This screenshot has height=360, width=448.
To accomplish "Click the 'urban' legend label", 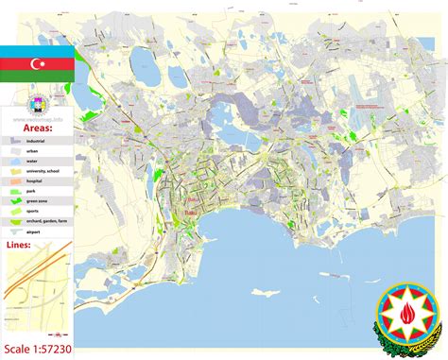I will pyautogui.click(x=33, y=151).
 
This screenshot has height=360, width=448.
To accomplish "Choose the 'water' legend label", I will pyautogui.click(x=33, y=163).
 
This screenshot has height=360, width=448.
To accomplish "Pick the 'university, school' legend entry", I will pyautogui.click(x=43, y=174).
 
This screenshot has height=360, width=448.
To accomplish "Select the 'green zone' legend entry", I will pyautogui.click(x=38, y=207).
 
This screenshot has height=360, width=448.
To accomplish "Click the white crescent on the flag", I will pyautogui.click(x=35, y=64).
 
